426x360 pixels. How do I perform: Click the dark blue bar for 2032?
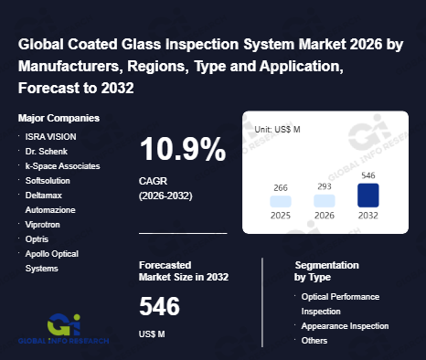[368, 196]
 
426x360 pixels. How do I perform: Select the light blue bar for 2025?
[281, 202]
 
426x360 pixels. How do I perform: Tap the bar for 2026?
[325, 201]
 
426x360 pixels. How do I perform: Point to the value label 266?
[281, 188]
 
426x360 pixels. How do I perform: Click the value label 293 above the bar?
[325, 186]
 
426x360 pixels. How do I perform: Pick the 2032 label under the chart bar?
[368, 216]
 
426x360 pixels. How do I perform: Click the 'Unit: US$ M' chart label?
[277, 130]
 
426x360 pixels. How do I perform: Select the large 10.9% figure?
[183, 149]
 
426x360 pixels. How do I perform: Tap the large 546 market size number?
[159, 306]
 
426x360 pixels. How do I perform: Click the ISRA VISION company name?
[50, 137]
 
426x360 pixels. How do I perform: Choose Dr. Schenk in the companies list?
[47, 152]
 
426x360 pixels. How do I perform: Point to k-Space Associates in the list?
[62, 166]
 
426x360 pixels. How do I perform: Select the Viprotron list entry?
[42, 225]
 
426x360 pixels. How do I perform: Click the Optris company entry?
[37, 239]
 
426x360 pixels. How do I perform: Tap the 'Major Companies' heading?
[59, 118]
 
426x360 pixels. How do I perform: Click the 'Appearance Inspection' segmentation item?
[345, 326]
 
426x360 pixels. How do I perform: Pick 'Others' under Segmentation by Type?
[314, 341]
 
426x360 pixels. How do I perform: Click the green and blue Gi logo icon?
[64, 324]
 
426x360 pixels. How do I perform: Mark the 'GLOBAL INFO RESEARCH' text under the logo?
[63, 341]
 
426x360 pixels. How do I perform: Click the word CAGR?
[153, 181]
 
